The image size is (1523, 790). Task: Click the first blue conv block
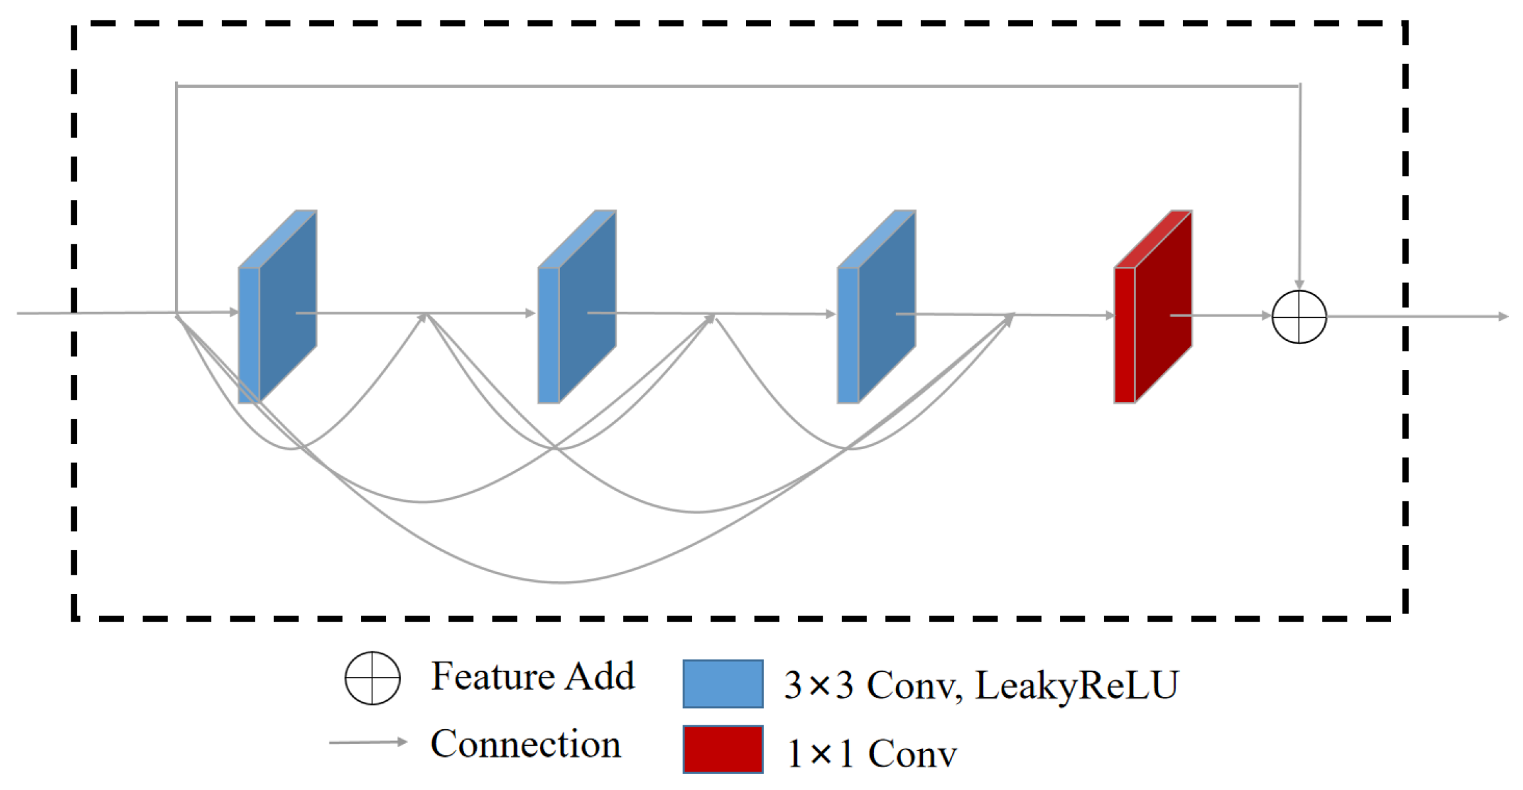point(277,307)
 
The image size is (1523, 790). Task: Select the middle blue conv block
point(577,307)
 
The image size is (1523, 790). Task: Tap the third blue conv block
point(877,307)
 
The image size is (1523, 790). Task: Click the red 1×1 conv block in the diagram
point(1153,307)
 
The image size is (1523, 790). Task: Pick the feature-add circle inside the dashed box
point(1299,316)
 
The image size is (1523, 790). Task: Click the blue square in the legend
point(723,684)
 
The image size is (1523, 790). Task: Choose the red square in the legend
point(723,749)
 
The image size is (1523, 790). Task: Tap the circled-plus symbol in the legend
point(372,678)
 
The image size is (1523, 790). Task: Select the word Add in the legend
point(600,676)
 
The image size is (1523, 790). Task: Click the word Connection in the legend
point(525,744)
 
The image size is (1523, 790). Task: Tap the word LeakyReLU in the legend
point(1077,685)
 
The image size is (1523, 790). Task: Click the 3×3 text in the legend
point(819,685)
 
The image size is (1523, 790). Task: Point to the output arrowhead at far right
point(1503,316)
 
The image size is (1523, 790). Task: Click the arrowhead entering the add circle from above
point(1299,284)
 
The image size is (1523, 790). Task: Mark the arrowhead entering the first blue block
point(234,312)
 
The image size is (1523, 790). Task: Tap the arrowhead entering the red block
point(1110,315)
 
